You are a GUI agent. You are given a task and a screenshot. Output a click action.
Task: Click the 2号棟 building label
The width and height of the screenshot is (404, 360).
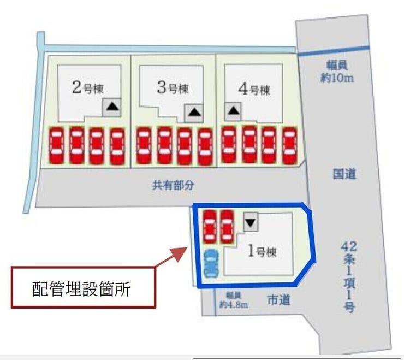(88, 87)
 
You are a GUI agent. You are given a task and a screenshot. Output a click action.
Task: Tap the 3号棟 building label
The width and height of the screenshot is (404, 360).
(173, 87)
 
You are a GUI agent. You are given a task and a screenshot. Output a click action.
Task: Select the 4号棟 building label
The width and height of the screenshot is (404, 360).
(254, 90)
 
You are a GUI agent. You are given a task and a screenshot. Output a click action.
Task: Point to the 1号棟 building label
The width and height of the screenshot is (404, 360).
(262, 251)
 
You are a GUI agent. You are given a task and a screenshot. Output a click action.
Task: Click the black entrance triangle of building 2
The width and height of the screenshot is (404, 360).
(112, 107)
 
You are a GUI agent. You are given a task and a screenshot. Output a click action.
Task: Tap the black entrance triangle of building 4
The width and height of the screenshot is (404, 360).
(234, 111)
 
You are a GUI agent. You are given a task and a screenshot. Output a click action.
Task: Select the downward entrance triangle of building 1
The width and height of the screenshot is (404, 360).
(251, 222)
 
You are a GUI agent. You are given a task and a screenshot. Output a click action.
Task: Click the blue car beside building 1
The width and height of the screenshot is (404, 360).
(211, 263)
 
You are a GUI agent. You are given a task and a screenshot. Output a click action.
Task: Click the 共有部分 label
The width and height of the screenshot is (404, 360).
(173, 185)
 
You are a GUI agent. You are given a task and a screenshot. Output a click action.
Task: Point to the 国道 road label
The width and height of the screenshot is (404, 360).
(344, 174)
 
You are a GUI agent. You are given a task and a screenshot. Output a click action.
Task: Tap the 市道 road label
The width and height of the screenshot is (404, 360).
(279, 300)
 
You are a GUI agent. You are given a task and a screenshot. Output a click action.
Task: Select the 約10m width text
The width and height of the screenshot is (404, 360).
(337, 78)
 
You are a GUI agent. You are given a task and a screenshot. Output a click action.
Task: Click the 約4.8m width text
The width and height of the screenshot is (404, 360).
(234, 305)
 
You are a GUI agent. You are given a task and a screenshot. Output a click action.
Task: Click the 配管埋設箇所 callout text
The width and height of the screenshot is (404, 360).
(81, 289)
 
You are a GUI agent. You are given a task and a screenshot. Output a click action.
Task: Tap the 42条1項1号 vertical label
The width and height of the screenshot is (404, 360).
(349, 277)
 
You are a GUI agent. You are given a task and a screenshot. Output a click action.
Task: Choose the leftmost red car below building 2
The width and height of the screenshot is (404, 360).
(57, 146)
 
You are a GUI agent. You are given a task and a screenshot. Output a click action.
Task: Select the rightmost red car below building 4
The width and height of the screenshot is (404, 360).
(290, 146)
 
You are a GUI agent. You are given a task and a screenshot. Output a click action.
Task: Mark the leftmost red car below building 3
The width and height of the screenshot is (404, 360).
(144, 146)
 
